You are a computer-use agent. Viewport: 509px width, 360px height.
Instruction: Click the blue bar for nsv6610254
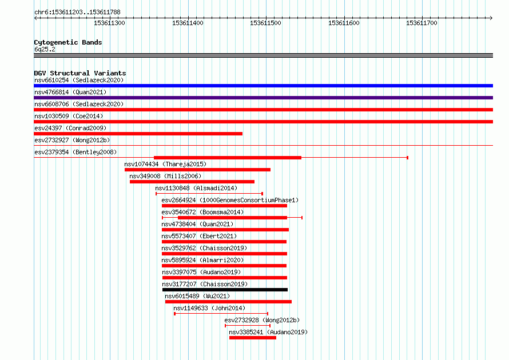click(x=263, y=86)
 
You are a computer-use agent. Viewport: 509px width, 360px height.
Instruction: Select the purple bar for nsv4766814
click(x=263, y=98)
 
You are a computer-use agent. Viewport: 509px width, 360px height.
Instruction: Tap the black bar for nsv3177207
click(x=225, y=290)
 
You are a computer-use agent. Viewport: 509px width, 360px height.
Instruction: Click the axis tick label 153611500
click(x=265, y=23)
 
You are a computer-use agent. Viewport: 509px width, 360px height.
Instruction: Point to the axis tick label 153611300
click(x=109, y=23)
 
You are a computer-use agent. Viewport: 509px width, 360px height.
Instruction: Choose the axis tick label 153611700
click(x=421, y=23)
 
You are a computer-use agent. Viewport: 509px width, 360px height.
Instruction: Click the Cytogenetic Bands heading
click(x=68, y=42)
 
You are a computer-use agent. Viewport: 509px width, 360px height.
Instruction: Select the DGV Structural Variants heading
click(x=80, y=73)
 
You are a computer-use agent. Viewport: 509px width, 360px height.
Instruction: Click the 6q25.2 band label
click(x=45, y=49)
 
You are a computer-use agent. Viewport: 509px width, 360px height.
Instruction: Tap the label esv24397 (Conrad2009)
click(x=70, y=128)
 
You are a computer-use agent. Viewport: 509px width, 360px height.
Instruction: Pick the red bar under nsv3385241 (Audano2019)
click(x=253, y=338)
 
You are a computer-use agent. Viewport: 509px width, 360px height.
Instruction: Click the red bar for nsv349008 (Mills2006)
click(x=192, y=182)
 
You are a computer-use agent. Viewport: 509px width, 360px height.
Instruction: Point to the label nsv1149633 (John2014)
click(x=209, y=308)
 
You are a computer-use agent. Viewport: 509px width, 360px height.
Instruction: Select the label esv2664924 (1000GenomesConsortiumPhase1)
click(x=230, y=200)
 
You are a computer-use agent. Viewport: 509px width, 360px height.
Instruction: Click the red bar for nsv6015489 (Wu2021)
click(x=228, y=302)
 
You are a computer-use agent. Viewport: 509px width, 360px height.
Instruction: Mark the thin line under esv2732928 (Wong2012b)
click(x=248, y=325)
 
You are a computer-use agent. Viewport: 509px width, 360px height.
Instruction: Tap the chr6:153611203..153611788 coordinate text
click(x=77, y=12)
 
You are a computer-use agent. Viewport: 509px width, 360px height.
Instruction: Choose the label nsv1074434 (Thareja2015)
click(x=165, y=164)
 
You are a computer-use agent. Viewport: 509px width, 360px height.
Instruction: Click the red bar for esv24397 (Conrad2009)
click(x=138, y=134)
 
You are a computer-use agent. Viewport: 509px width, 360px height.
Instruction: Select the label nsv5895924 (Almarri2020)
click(x=202, y=260)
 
